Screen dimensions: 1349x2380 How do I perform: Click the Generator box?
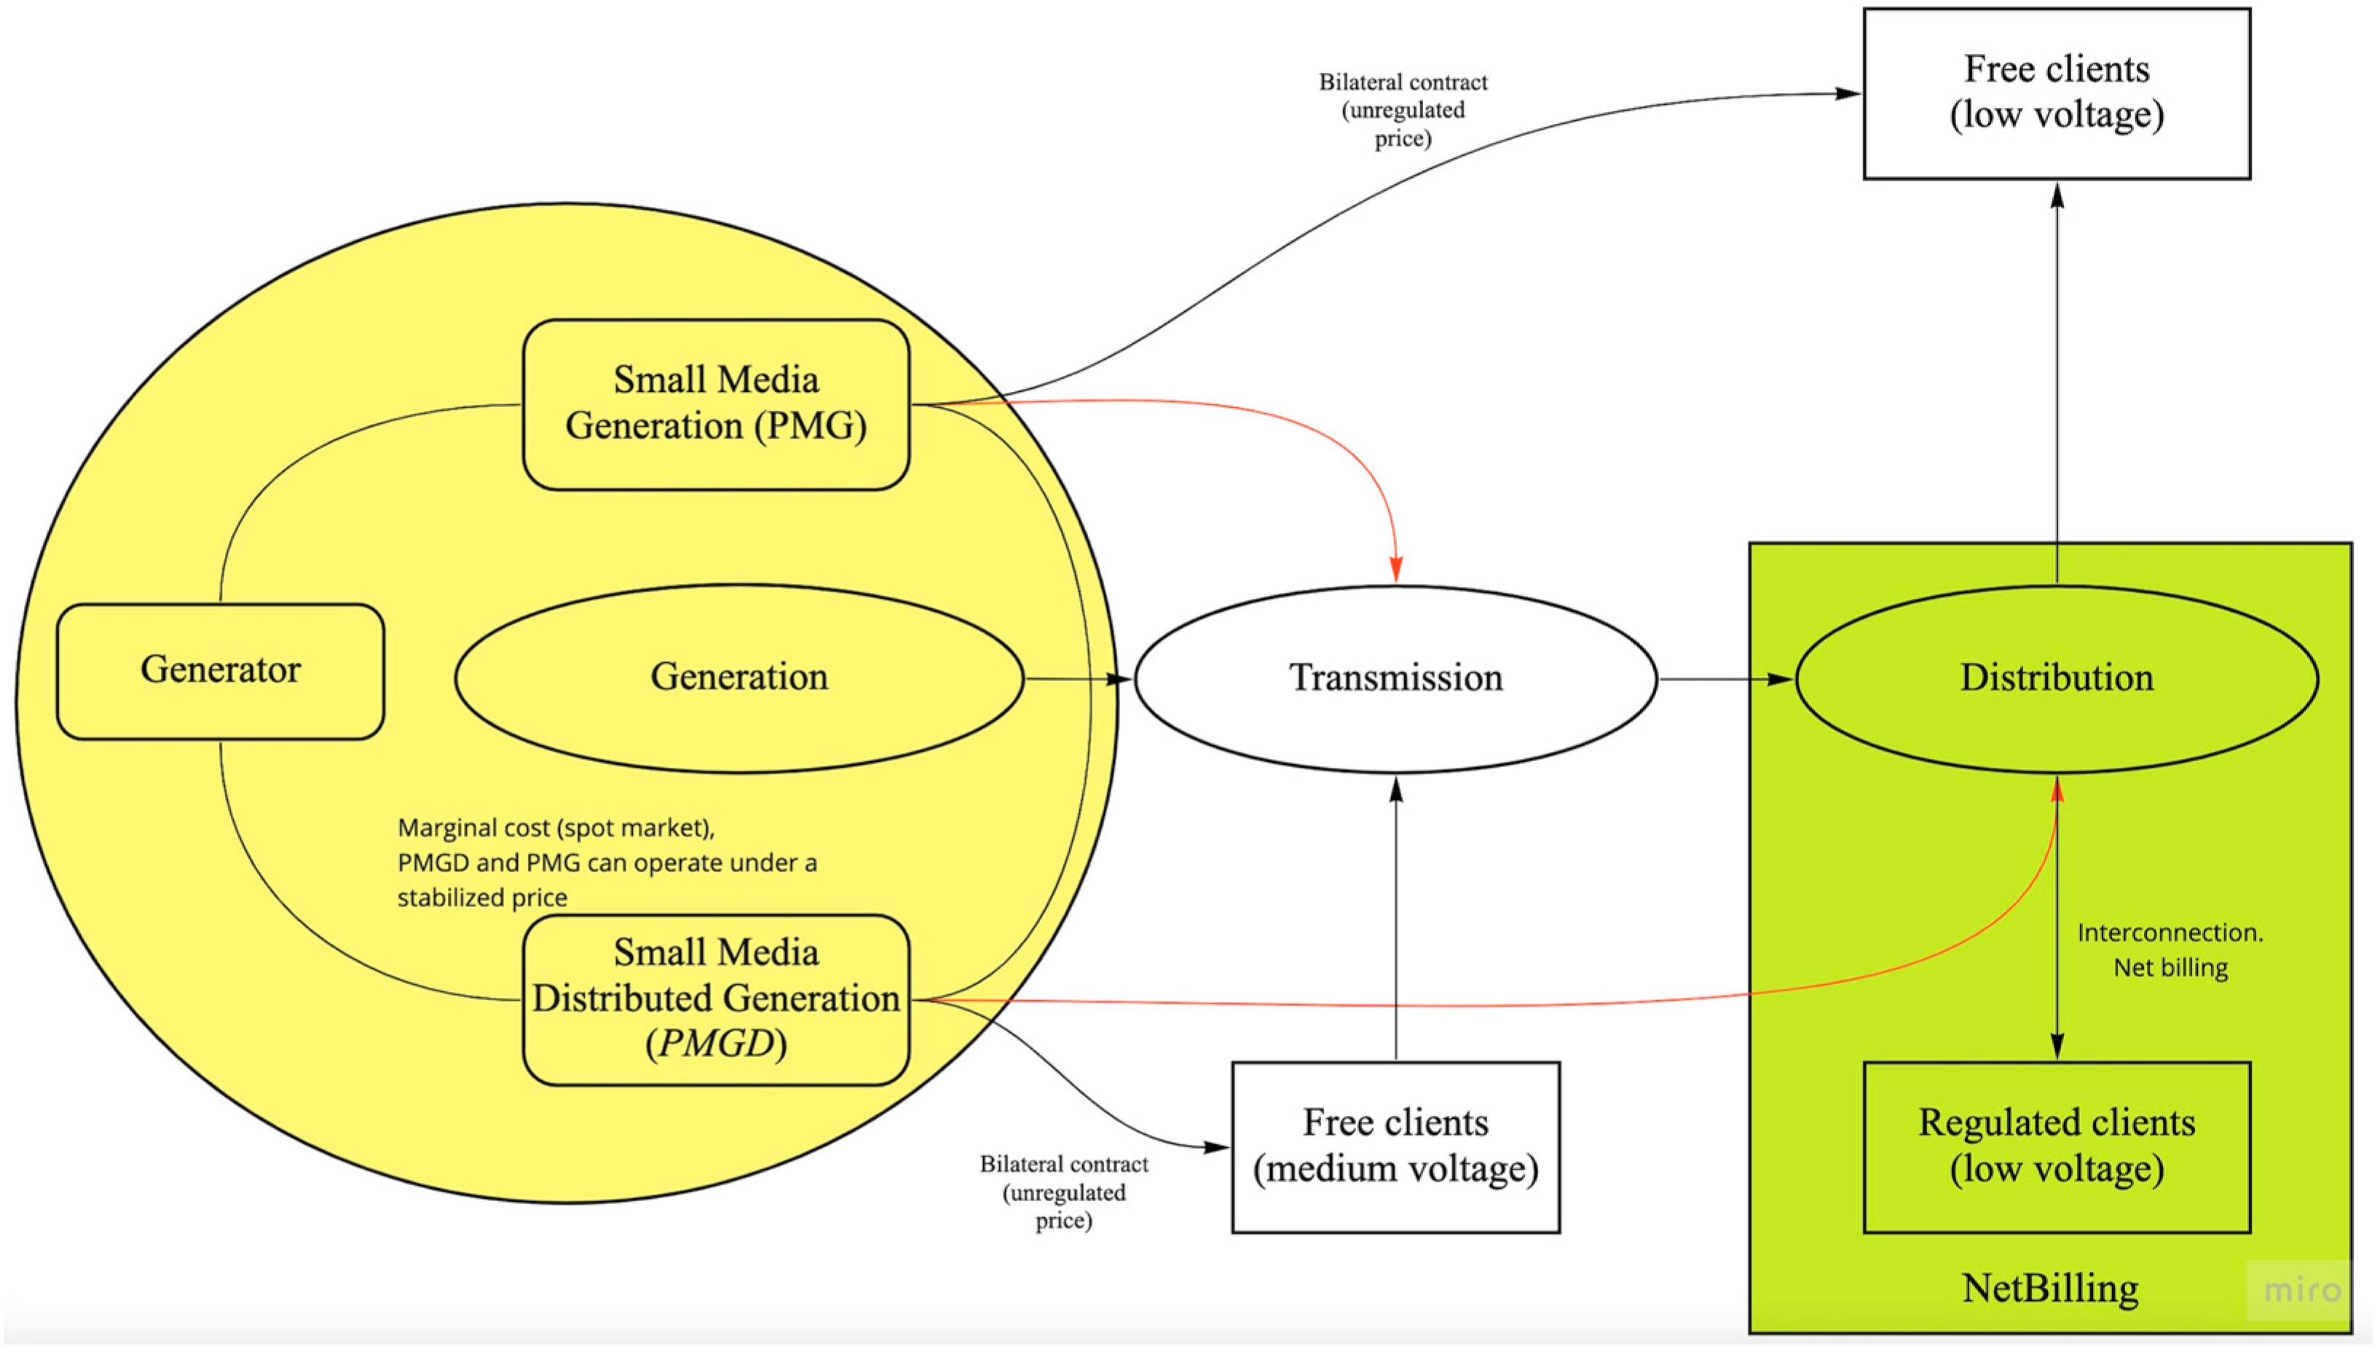(221, 671)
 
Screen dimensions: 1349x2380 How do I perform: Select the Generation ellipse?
(739, 677)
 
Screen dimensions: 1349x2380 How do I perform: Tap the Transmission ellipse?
(1395, 678)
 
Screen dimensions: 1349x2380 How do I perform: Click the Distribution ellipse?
(2056, 678)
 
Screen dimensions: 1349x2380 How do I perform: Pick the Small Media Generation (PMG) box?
(716, 404)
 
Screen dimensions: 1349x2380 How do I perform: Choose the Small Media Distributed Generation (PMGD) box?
(716, 999)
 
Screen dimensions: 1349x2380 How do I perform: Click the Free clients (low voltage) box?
(2056, 93)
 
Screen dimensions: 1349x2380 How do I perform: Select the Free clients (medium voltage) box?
(1395, 1146)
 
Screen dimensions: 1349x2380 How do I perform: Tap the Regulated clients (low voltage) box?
(2056, 1146)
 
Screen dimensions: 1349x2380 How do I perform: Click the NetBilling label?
(2050, 1288)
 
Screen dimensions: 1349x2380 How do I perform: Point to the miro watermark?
(2302, 1289)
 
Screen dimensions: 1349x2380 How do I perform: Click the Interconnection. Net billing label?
(2170, 950)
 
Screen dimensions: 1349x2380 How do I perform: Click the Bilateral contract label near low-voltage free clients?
(1403, 110)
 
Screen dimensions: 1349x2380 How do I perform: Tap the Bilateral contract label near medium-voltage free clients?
(1064, 1192)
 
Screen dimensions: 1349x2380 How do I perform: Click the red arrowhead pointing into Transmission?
(1395, 569)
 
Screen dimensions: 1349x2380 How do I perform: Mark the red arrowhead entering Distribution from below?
(2057, 790)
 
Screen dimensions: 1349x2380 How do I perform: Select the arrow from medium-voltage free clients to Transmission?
(1395, 917)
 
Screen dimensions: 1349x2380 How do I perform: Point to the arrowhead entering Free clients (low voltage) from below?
(2057, 195)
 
